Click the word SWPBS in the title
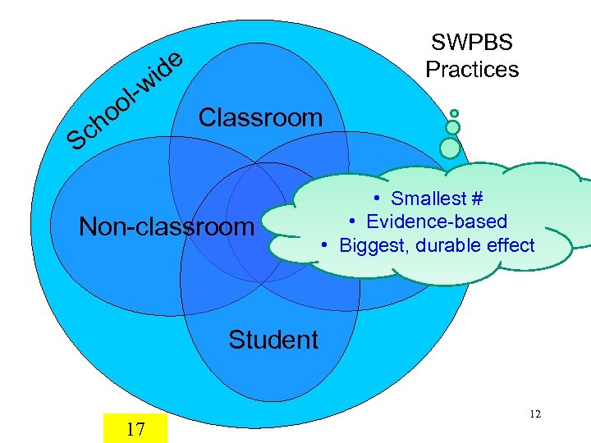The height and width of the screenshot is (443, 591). (471, 43)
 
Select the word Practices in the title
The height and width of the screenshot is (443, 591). (472, 69)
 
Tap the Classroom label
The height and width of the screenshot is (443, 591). (260, 117)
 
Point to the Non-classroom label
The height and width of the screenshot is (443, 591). (167, 226)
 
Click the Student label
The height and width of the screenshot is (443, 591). (273, 340)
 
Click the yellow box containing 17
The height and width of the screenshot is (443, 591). (135, 428)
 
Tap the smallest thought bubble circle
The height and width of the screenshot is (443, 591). (454, 113)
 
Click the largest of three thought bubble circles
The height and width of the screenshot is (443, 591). (450, 148)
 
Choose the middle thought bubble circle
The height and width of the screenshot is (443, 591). (452, 128)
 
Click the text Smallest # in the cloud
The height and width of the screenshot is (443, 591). (437, 198)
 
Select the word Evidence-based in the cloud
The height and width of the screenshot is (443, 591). (437, 221)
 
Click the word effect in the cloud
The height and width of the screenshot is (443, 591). (514, 245)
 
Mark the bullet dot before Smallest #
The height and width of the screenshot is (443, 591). (373, 198)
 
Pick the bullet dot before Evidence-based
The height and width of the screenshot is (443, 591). (350, 221)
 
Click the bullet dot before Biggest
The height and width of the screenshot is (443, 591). (326, 245)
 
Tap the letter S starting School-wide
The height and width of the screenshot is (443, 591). (79, 142)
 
